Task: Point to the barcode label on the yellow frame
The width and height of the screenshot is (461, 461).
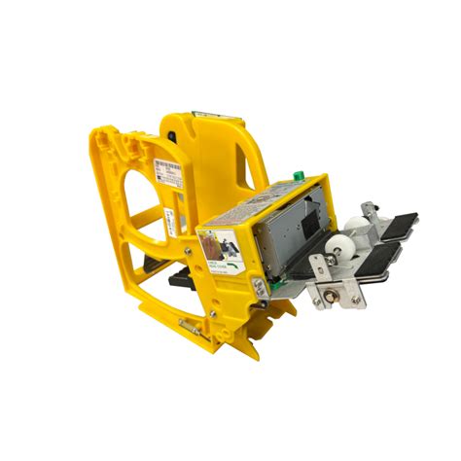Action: pyautogui.click(x=166, y=178)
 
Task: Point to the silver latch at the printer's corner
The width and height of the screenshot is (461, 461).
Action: pyautogui.click(x=258, y=288)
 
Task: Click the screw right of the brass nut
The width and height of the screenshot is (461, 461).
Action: pyautogui.click(x=355, y=300)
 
